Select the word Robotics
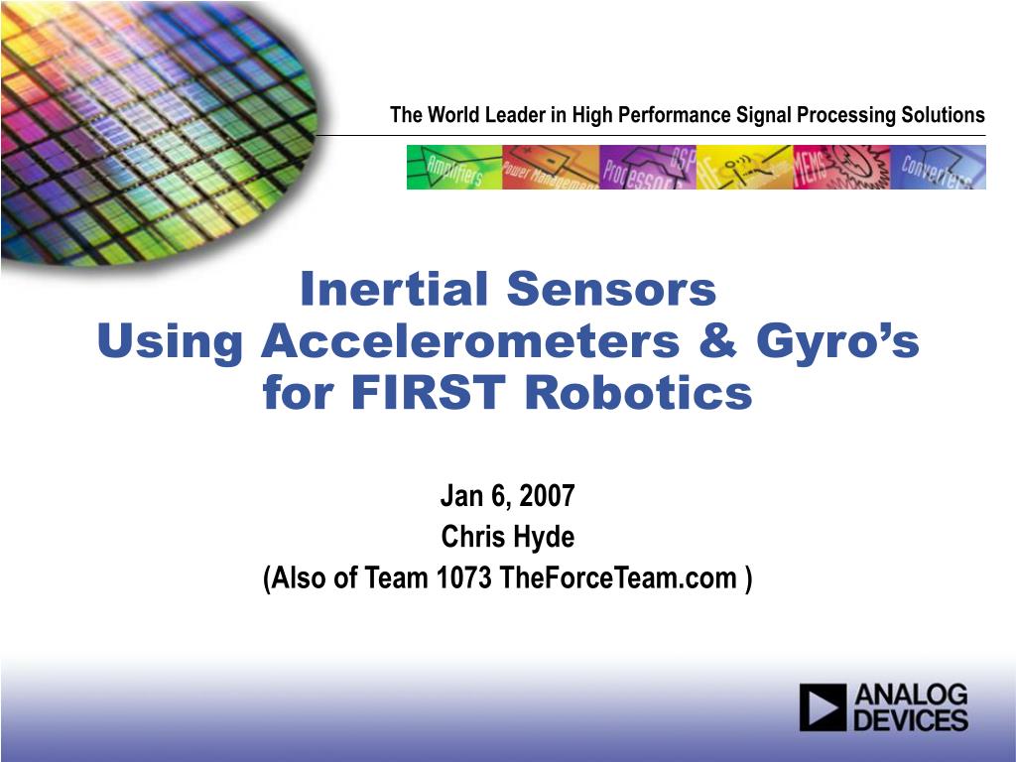(x=638, y=395)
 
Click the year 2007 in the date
(x=548, y=496)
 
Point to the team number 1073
(x=464, y=578)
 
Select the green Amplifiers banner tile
(x=453, y=167)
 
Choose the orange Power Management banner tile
(x=551, y=167)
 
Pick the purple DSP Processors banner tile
(x=647, y=167)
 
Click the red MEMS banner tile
(x=840, y=167)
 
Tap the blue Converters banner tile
(x=938, y=167)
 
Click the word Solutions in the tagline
(x=943, y=115)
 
